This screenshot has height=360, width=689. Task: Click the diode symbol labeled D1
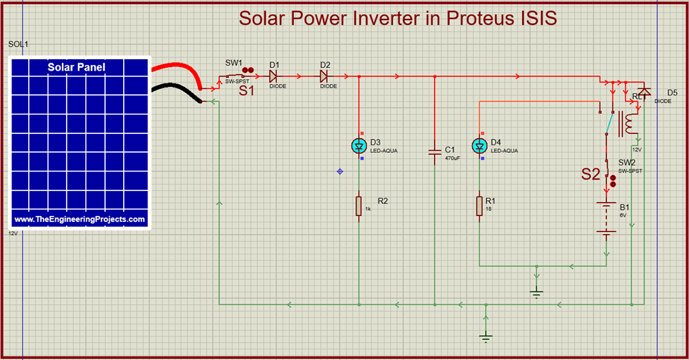[274, 76]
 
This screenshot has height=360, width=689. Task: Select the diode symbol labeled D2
[324, 76]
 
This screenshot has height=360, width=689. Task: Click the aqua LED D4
[479, 145]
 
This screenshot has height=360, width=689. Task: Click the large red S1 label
[247, 91]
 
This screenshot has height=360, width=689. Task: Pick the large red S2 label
[590, 174]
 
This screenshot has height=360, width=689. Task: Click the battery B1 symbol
[607, 218]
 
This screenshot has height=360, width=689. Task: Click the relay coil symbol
[629, 123]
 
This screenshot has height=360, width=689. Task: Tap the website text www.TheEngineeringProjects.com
[79, 219]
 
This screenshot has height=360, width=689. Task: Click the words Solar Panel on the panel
[76, 67]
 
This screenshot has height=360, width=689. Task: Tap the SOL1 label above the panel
[18, 44]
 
